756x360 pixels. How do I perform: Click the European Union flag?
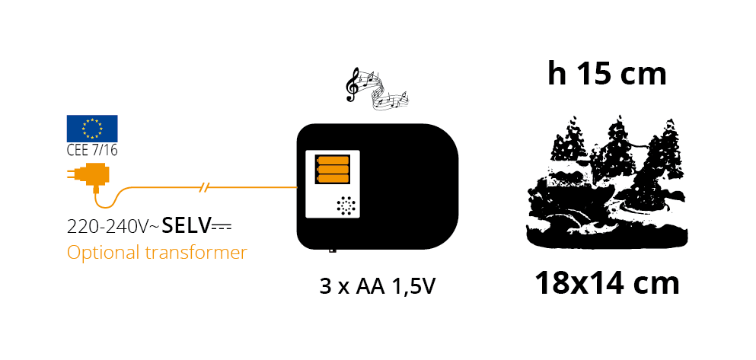click(92, 128)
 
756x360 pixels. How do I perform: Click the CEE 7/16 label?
click(92, 151)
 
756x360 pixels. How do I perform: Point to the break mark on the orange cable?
click(205, 187)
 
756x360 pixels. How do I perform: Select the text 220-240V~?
click(113, 226)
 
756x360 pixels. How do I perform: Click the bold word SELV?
click(187, 225)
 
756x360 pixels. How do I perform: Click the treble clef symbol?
click(353, 84)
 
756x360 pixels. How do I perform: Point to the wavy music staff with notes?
click(386, 91)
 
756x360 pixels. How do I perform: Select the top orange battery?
click(333, 160)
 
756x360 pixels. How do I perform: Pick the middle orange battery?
click(333, 169)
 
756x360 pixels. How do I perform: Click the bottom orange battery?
click(333, 178)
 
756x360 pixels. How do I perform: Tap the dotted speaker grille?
click(346, 205)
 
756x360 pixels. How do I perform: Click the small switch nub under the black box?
click(332, 250)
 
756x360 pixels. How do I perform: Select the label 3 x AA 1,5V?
click(378, 287)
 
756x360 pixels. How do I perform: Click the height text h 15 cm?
click(607, 75)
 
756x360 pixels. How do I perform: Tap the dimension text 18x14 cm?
click(607, 284)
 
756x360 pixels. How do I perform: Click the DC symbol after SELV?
click(222, 225)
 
